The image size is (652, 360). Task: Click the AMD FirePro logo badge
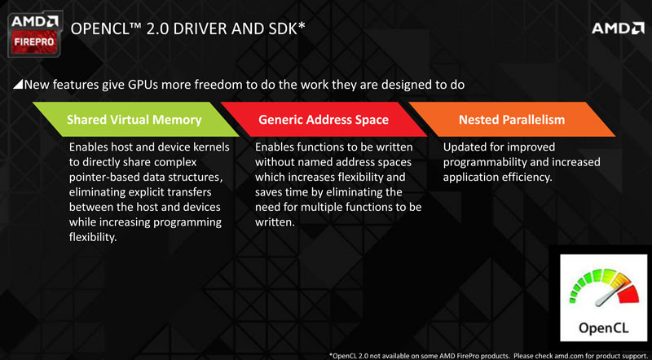35,34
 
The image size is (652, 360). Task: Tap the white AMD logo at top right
618,29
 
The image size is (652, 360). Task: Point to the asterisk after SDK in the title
302,25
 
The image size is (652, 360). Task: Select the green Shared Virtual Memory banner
135,119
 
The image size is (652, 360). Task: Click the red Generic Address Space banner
324,119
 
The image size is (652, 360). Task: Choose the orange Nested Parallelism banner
512,119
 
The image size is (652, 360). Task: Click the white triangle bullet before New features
18,85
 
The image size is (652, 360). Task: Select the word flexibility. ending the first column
91,237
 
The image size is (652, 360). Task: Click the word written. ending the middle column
275,222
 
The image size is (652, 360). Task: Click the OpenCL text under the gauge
604,328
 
